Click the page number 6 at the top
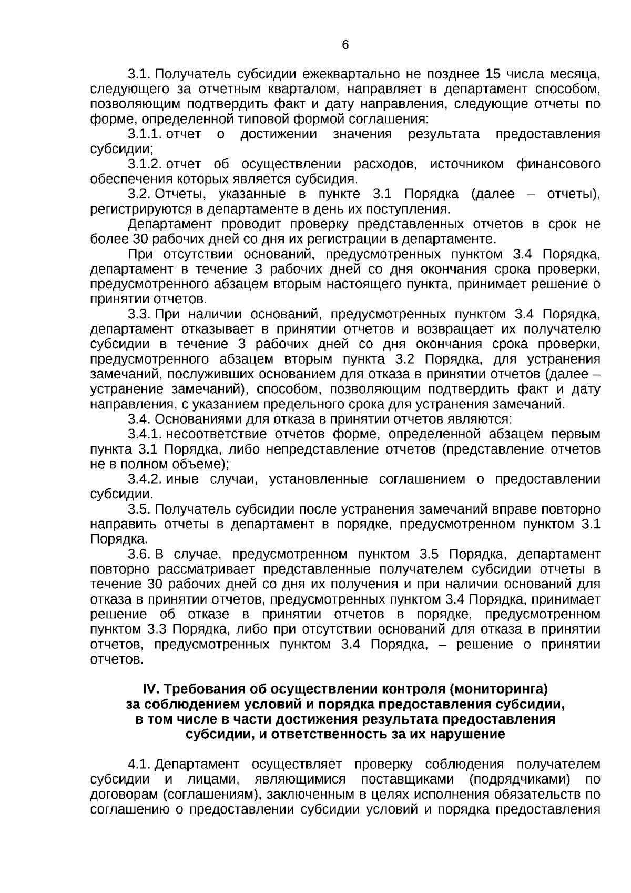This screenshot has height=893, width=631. [345, 45]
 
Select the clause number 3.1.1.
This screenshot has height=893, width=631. [145, 134]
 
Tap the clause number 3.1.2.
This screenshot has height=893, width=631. [145, 165]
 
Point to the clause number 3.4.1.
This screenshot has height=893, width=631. [145, 435]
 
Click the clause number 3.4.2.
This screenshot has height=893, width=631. [145, 479]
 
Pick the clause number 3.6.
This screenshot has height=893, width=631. [139, 555]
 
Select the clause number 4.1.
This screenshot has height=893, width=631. [139, 764]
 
